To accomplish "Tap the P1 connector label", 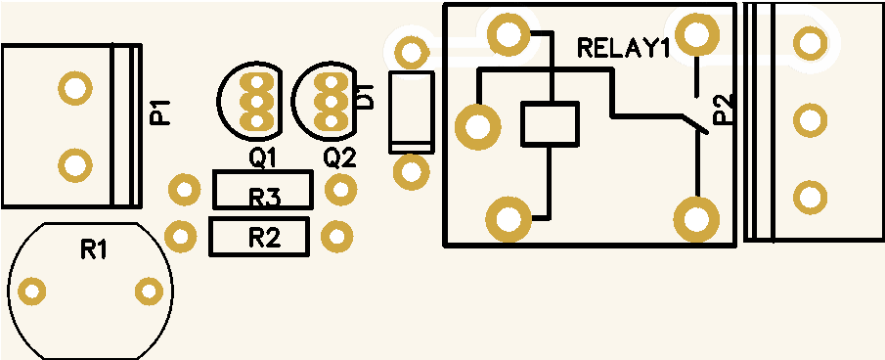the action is [x=159, y=112].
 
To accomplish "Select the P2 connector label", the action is [x=722, y=109].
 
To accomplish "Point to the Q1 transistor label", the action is [x=263, y=158].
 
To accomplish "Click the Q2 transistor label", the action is [x=339, y=158].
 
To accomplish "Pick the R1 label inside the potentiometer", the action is [x=95, y=248].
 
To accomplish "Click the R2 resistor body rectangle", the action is [x=259, y=237].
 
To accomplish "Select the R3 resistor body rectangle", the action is [x=262, y=190].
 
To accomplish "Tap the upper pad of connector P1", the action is [x=75, y=87].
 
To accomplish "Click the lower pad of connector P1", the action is [x=75, y=165].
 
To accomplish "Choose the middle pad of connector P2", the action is [x=810, y=120].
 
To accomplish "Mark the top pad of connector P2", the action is [x=810, y=43].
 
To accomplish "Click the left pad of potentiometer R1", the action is [x=32, y=292].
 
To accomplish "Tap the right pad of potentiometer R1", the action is [x=149, y=292].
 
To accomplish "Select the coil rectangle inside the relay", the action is [x=550, y=124].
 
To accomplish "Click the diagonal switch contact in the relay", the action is [x=694, y=124].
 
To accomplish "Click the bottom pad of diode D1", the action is [x=411, y=171].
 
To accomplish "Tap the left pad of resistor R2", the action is [x=181, y=236].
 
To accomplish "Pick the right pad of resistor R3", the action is [x=341, y=190].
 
